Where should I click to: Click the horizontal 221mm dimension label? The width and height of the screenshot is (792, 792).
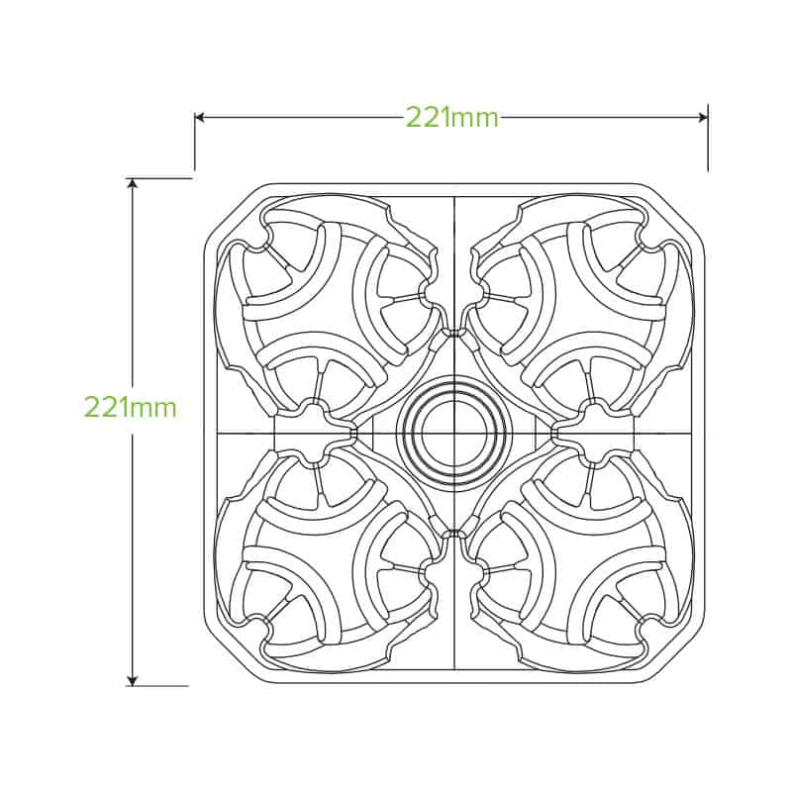[x=452, y=119]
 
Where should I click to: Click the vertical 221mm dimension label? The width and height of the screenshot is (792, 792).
[x=131, y=407]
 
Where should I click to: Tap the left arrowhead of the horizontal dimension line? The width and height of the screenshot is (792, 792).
[x=199, y=118]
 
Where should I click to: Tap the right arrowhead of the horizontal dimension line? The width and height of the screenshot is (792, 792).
[x=703, y=118]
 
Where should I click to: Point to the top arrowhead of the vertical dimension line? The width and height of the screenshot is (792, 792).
[x=133, y=183]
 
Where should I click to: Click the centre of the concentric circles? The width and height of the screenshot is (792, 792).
[x=453, y=433]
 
